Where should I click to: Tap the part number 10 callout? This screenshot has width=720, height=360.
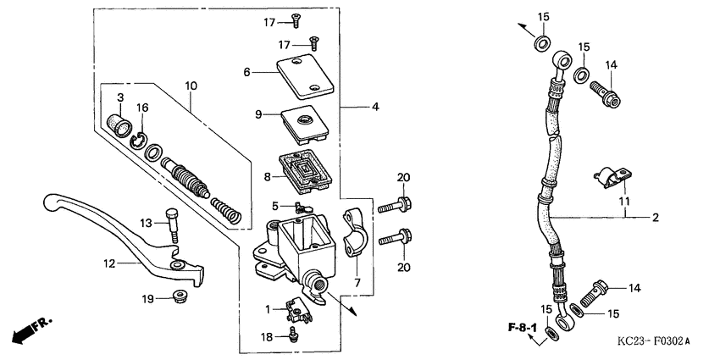(x=191, y=86)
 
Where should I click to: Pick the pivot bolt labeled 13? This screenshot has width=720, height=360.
(x=173, y=224)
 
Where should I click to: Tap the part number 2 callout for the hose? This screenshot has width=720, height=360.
(x=654, y=218)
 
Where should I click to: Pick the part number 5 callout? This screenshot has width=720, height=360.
(x=274, y=206)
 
